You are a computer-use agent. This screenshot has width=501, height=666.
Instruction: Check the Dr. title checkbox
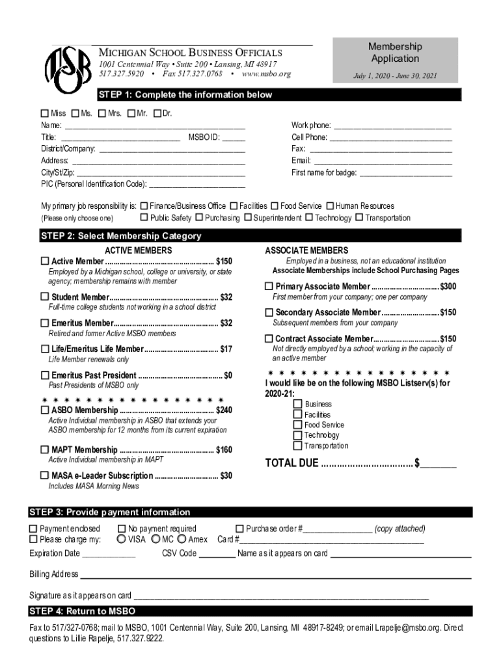coord(157,114)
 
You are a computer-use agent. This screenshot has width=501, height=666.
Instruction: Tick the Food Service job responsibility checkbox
coord(275,206)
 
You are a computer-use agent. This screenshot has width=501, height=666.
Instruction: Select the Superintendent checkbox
coord(248,218)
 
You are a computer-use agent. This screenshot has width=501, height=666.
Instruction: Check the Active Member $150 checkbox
coord(45,261)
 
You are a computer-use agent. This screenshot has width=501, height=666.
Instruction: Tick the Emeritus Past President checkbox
coord(45,375)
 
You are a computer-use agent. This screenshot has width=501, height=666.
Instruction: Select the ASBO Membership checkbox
coord(45,410)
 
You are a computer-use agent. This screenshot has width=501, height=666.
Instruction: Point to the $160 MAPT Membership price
coord(224,450)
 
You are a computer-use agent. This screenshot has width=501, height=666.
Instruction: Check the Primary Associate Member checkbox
coord(269,287)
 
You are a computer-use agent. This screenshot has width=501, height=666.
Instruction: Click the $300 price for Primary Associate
coord(448,287)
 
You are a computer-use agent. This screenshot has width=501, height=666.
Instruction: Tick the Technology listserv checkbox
coord(298,435)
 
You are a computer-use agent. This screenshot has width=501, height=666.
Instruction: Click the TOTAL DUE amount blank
coord(441,464)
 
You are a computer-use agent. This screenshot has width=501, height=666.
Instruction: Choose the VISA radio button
coord(122,539)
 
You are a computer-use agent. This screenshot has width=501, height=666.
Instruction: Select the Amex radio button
coord(182,539)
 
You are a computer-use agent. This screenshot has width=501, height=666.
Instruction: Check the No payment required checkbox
coord(122,529)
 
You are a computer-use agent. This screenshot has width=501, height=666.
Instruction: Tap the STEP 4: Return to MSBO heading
coord(82,611)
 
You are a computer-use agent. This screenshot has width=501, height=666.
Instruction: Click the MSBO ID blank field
coord(234,138)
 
